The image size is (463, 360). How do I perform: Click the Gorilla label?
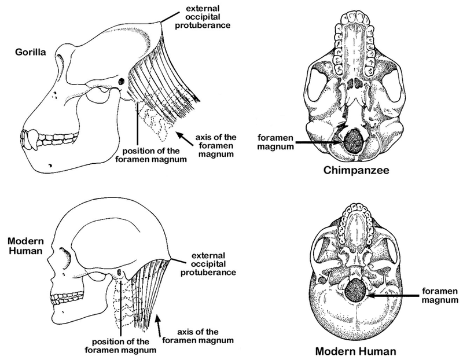coord(31,52)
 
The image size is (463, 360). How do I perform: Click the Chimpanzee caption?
coord(356,170)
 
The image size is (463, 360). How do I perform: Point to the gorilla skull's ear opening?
coord(122,82)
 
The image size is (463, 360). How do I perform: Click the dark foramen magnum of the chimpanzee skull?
coord(354,141)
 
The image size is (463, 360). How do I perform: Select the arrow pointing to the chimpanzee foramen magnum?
coord(319,142)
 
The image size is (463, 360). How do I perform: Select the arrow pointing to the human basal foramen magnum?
coord(393,295)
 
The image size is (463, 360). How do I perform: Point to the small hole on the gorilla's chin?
coord(51,166)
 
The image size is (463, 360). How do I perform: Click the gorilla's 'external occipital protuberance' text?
coord(203,17)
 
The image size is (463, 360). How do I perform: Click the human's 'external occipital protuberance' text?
coord(208,264)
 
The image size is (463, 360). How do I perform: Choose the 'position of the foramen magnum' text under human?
coord(120,346)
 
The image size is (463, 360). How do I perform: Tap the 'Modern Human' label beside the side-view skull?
coord(25,246)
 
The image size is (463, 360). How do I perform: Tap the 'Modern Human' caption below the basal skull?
coord(355,351)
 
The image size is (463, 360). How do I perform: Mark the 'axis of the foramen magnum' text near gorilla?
coord(216,146)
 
